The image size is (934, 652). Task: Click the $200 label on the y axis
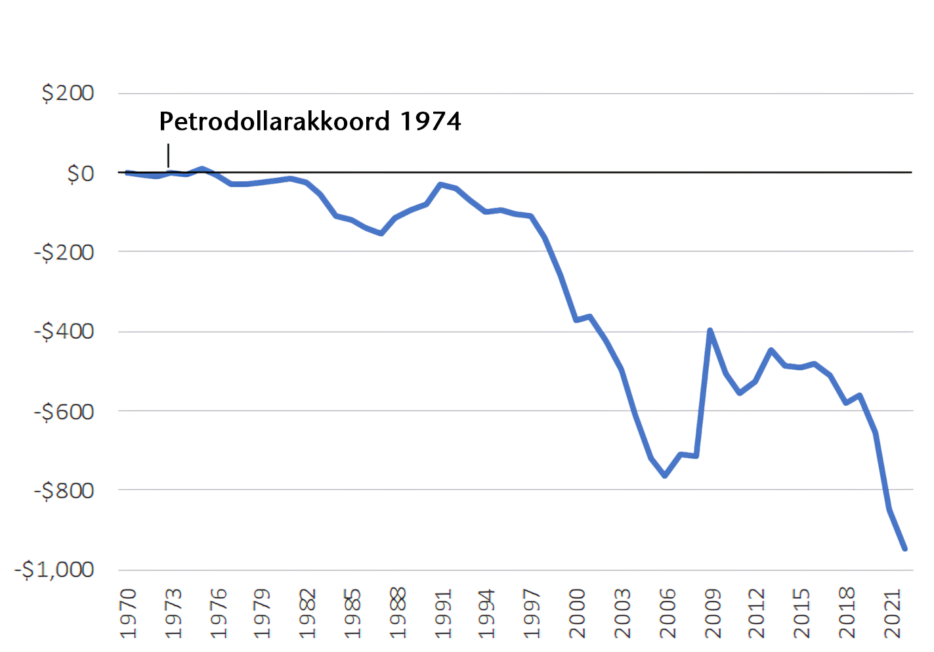click(x=68, y=93)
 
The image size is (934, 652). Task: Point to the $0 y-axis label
click(x=80, y=174)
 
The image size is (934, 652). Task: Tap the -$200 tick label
click(x=64, y=252)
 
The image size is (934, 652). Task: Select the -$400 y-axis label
click(x=64, y=332)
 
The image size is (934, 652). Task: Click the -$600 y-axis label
click(x=64, y=412)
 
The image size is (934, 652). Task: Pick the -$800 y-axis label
click(x=64, y=490)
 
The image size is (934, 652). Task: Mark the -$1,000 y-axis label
click(x=54, y=569)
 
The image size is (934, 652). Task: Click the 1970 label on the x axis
click(x=129, y=613)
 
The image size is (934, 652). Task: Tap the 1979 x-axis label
click(x=263, y=613)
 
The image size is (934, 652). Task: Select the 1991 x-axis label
click(x=444, y=613)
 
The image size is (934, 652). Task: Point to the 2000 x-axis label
click(x=578, y=613)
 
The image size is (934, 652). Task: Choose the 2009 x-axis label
click(x=713, y=613)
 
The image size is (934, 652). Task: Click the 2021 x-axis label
click(x=893, y=613)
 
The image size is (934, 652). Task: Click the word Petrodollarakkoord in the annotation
click(x=274, y=121)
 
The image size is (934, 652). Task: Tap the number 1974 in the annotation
click(x=431, y=121)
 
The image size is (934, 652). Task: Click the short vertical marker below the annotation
click(x=169, y=156)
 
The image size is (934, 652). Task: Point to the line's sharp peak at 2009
click(x=710, y=330)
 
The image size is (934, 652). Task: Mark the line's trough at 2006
click(x=665, y=475)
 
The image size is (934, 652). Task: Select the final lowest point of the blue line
click(x=905, y=549)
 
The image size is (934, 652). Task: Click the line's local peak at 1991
click(x=440, y=185)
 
